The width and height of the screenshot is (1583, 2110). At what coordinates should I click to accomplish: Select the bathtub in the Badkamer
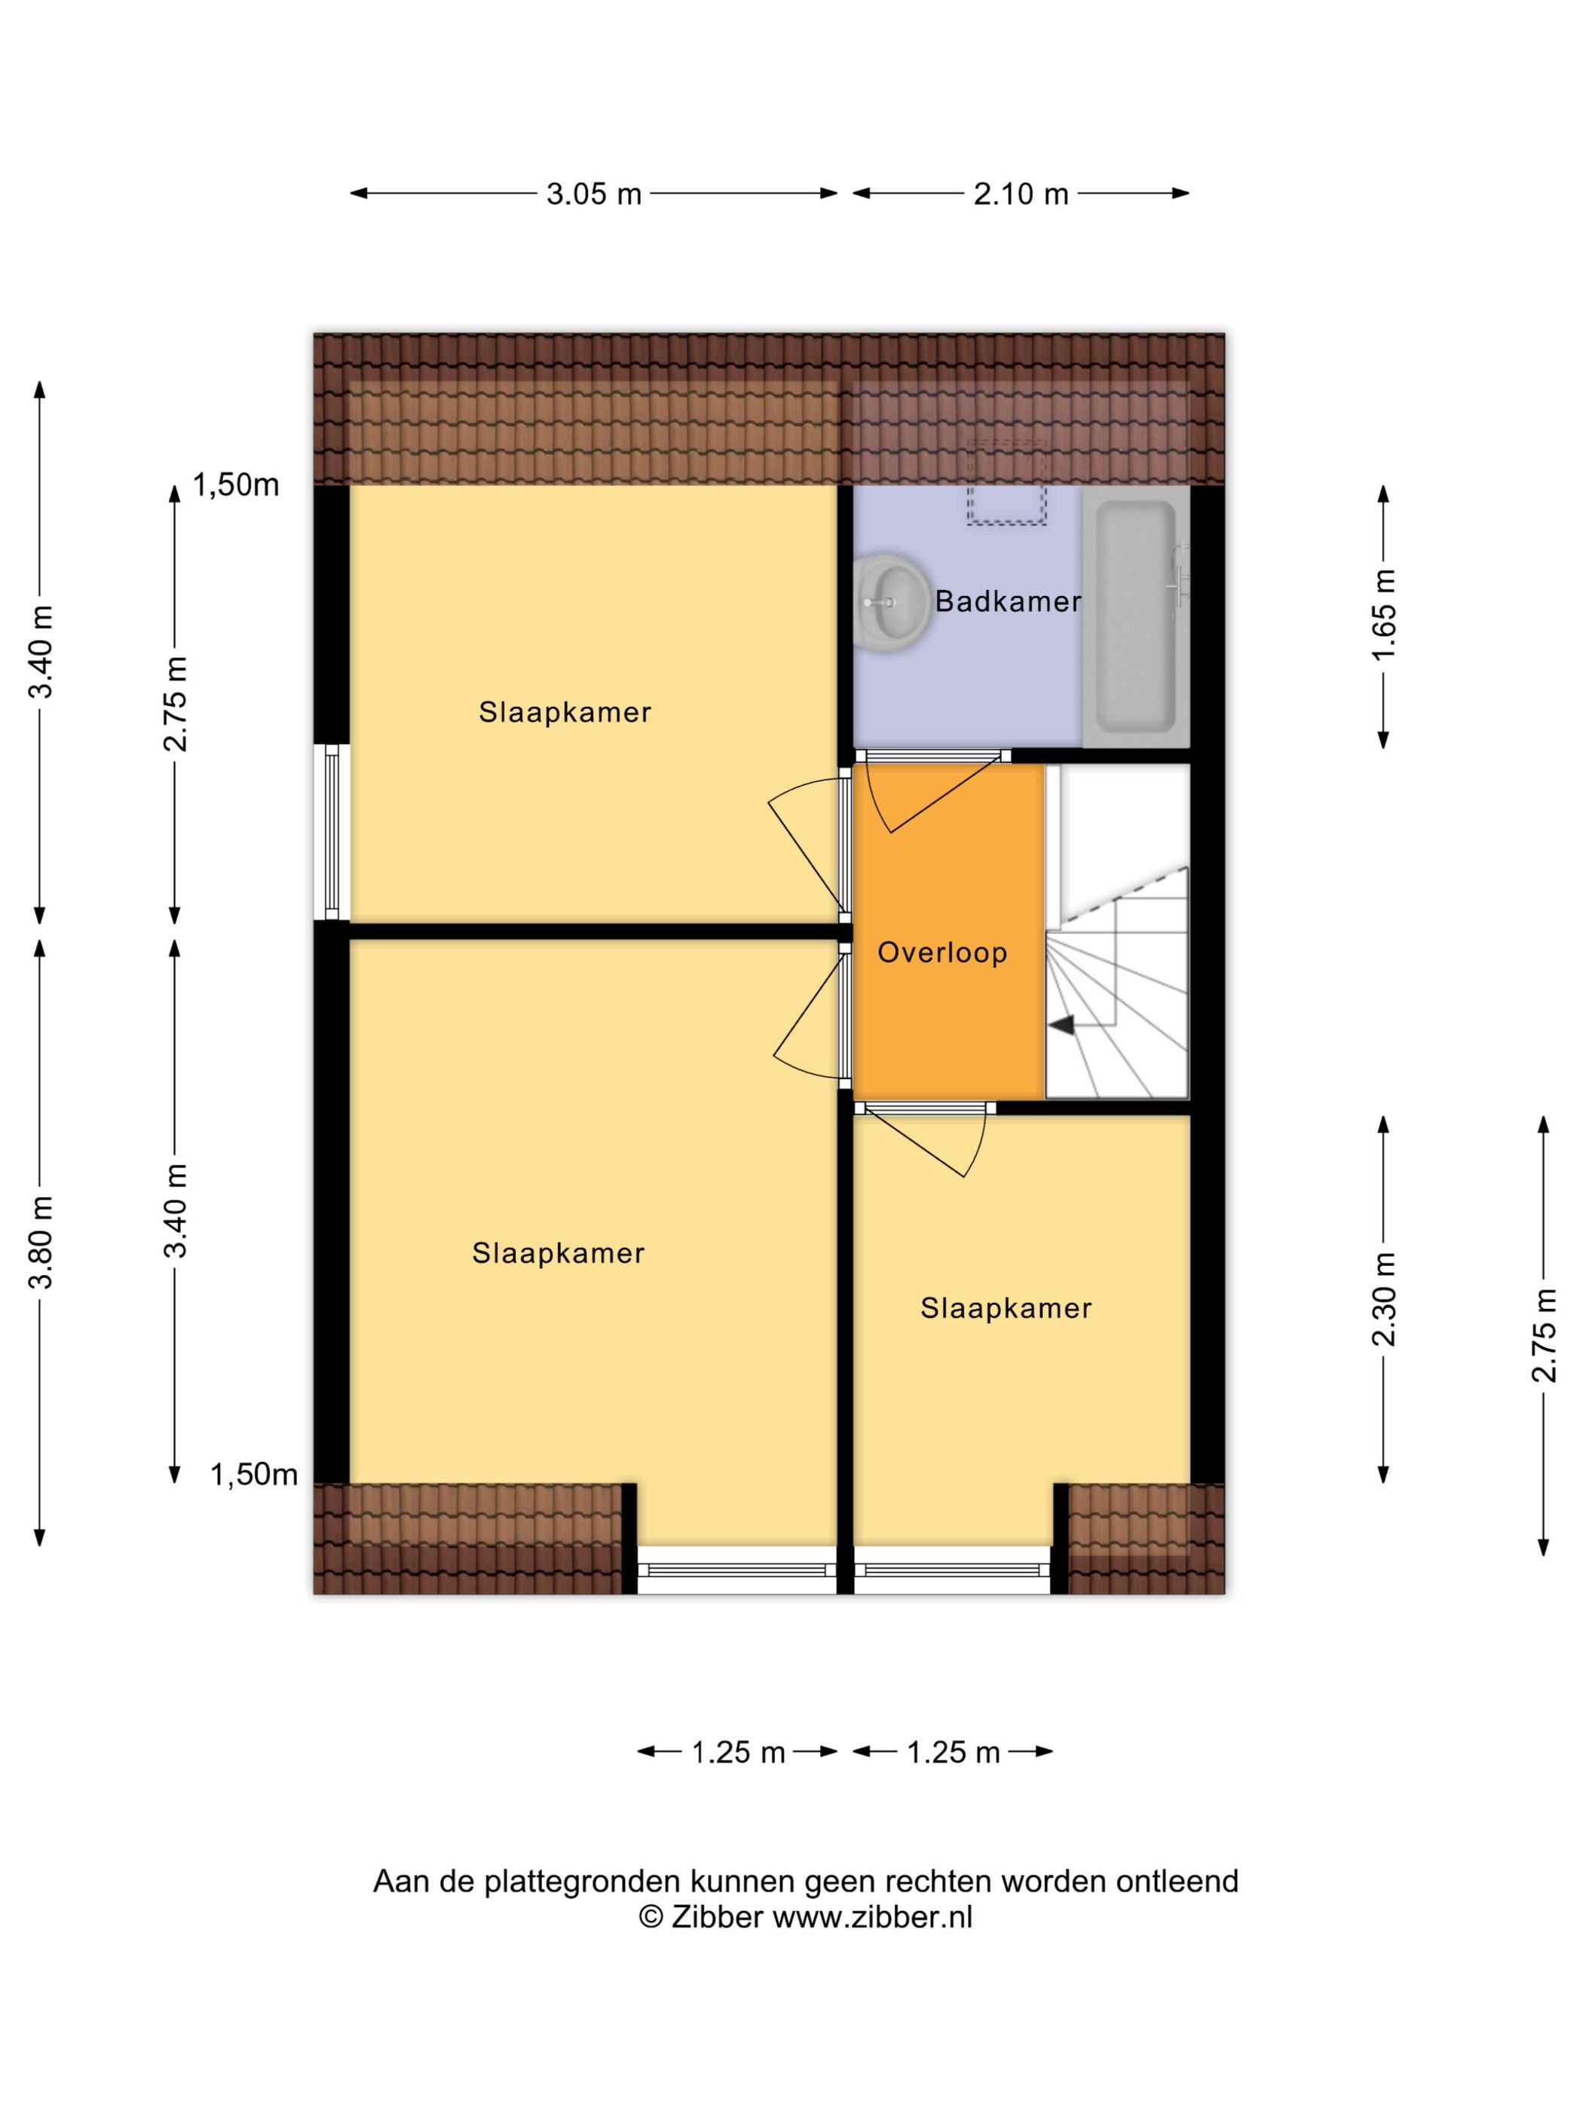(1135, 617)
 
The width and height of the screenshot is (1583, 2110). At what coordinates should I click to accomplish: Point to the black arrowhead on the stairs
(1062, 1024)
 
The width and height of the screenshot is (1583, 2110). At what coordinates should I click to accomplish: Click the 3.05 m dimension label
(593, 194)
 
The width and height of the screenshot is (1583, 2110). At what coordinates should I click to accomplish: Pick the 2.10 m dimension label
(1020, 194)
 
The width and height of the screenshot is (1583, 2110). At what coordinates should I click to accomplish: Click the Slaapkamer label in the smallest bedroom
(1006, 1307)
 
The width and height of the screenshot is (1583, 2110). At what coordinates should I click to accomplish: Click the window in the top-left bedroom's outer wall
(331, 832)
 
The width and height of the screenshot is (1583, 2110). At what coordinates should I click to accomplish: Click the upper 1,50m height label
(236, 485)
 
